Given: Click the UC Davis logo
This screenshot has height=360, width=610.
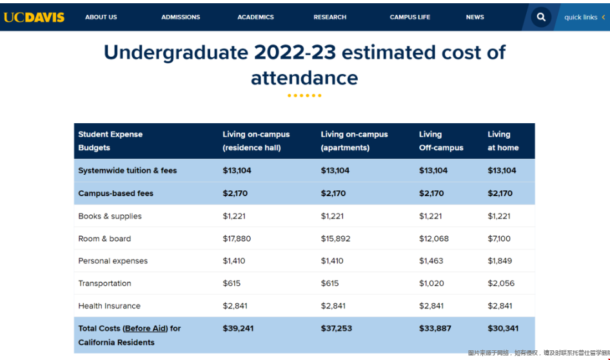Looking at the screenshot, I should point(34,17).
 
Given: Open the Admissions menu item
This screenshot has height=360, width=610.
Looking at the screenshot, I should point(181,17).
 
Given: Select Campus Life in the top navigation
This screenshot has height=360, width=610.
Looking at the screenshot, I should point(410,17).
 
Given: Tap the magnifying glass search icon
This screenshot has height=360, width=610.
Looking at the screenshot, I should point(541,17).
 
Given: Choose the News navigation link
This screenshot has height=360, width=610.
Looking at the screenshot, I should point(475,17).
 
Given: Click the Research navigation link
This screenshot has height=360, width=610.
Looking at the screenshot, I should point(330,17).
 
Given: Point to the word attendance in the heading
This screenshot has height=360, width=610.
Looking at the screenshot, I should point(304,78).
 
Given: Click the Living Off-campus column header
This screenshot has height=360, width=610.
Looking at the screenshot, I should point(441,141).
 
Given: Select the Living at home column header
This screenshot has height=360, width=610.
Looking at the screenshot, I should point(503,141).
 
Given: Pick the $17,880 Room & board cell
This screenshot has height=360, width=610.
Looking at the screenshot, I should point(237,239).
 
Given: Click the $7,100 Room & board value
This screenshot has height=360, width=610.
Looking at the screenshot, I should point(499,239).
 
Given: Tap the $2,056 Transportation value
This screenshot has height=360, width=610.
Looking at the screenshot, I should point(501,283).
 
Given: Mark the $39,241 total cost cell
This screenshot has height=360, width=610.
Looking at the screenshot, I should point(238,328).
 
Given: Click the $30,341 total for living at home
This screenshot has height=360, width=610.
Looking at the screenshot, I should point(503,328).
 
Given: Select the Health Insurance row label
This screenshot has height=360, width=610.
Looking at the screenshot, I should point(109,306).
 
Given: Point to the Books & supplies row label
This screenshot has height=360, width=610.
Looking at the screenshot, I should point(110,216).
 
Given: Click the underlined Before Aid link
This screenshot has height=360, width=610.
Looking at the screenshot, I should point(145,328).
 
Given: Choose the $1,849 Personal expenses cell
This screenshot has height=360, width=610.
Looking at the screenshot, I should point(500,261).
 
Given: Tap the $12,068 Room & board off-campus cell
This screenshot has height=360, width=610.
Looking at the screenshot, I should point(433,239).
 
